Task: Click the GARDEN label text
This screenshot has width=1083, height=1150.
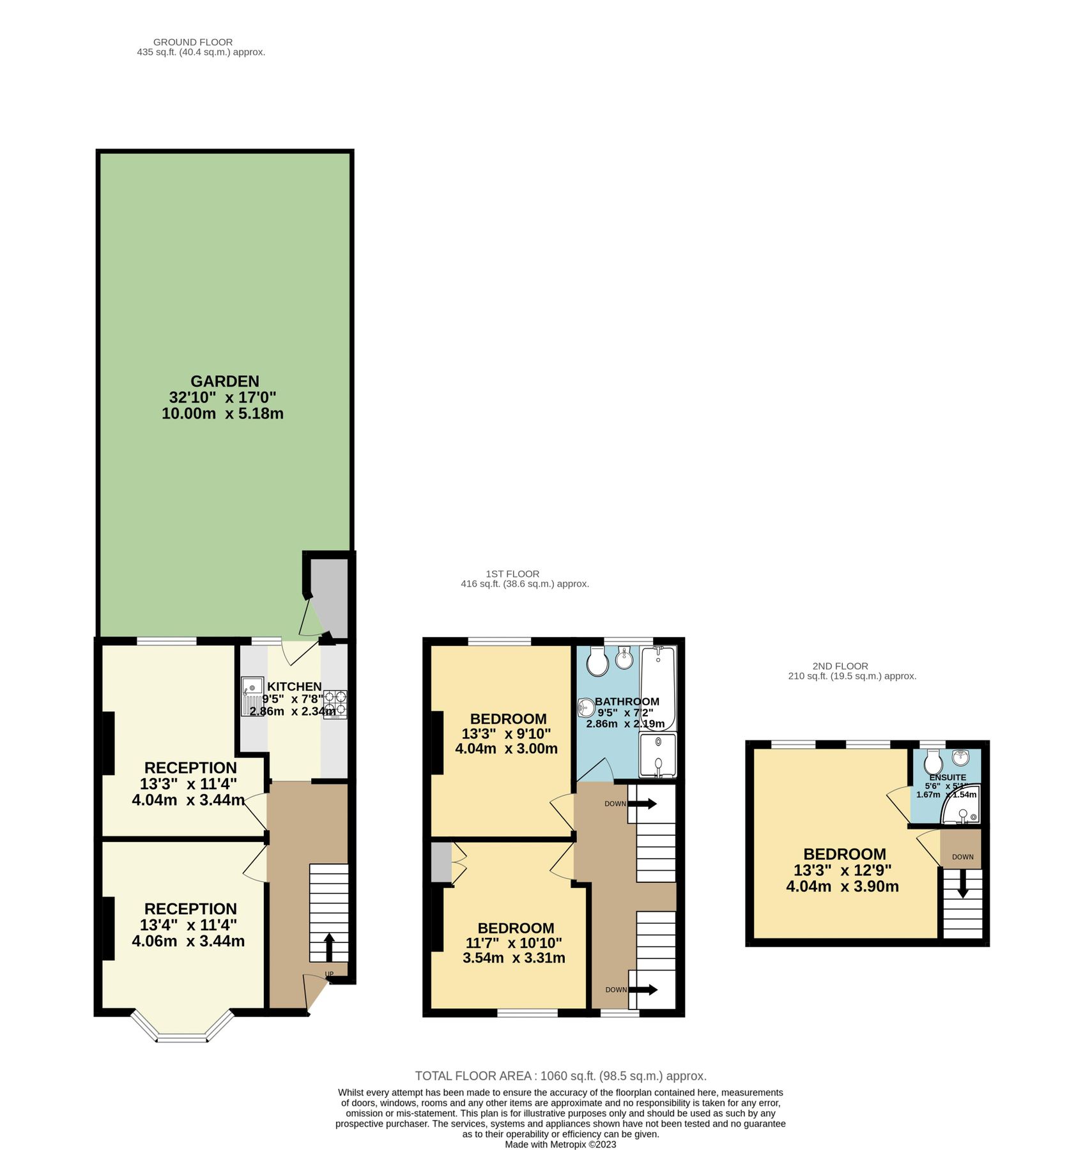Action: tap(225, 381)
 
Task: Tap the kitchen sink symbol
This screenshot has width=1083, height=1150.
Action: tap(253, 696)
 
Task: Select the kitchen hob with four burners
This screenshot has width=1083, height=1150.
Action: tap(335, 703)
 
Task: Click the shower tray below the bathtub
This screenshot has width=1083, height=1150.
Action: tap(658, 755)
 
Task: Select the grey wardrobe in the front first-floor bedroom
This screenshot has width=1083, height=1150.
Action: tap(440, 862)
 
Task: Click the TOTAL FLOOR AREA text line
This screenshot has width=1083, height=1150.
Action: tap(560, 1076)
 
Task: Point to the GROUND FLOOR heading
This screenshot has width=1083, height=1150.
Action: tap(193, 42)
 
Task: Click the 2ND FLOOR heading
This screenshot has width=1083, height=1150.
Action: tap(840, 666)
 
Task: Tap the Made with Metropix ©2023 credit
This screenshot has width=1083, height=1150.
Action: tap(560, 1144)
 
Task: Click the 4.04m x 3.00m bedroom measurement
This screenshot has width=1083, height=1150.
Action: tap(506, 749)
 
